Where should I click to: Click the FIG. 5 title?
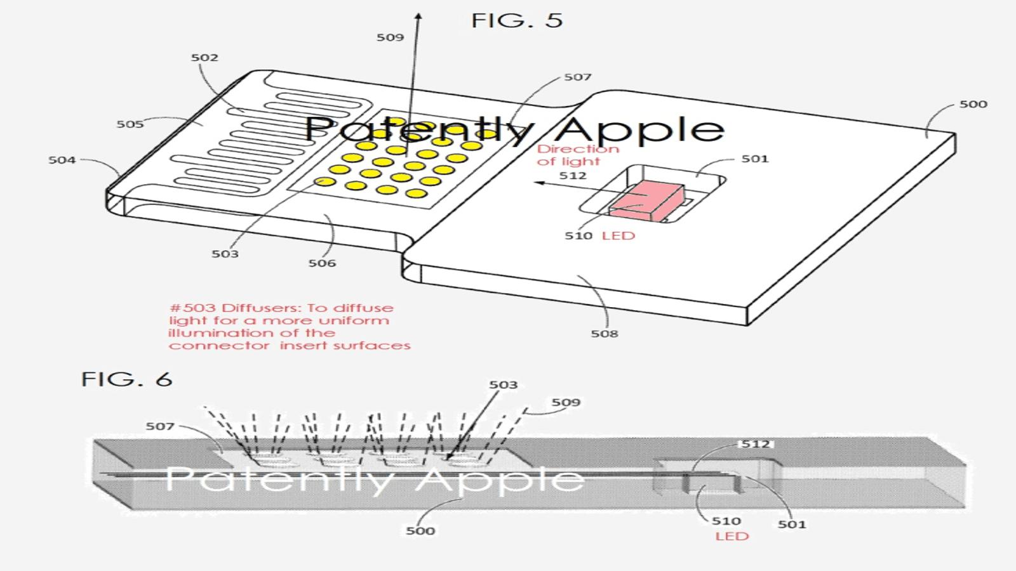pyautogui.click(x=517, y=20)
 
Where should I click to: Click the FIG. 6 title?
pyautogui.click(x=126, y=379)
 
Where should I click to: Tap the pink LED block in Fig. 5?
pyautogui.click(x=646, y=202)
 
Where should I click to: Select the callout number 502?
pyautogui.click(x=204, y=58)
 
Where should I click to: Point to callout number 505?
pyautogui.click(x=130, y=124)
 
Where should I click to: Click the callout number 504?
pyautogui.click(x=62, y=160)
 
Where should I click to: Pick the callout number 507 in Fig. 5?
pyautogui.click(x=578, y=77)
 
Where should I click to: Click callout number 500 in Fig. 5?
pyautogui.click(x=973, y=104)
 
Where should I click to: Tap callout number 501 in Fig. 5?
pyautogui.click(x=755, y=159)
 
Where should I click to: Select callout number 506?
pyautogui.click(x=323, y=263)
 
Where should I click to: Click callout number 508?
pyautogui.click(x=605, y=334)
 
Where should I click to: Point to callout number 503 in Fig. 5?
pyautogui.click(x=225, y=254)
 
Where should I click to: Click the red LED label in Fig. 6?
pyautogui.click(x=732, y=537)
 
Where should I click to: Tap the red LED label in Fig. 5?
pyautogui.click(x=618, y=235)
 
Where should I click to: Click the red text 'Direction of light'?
pyautogui.click(x=578, y=155)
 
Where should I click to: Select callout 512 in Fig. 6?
pyautogui.click(x=756, y=444)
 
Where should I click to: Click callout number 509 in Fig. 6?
pyautogui.click(x=566, y=402)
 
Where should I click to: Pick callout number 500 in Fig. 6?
pyautogui.click(x=420, y=530)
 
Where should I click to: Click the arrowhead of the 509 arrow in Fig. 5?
pyautogui.click(x=418, y=16)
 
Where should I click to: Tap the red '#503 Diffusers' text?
pyautogui.click(x=290, y=327)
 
